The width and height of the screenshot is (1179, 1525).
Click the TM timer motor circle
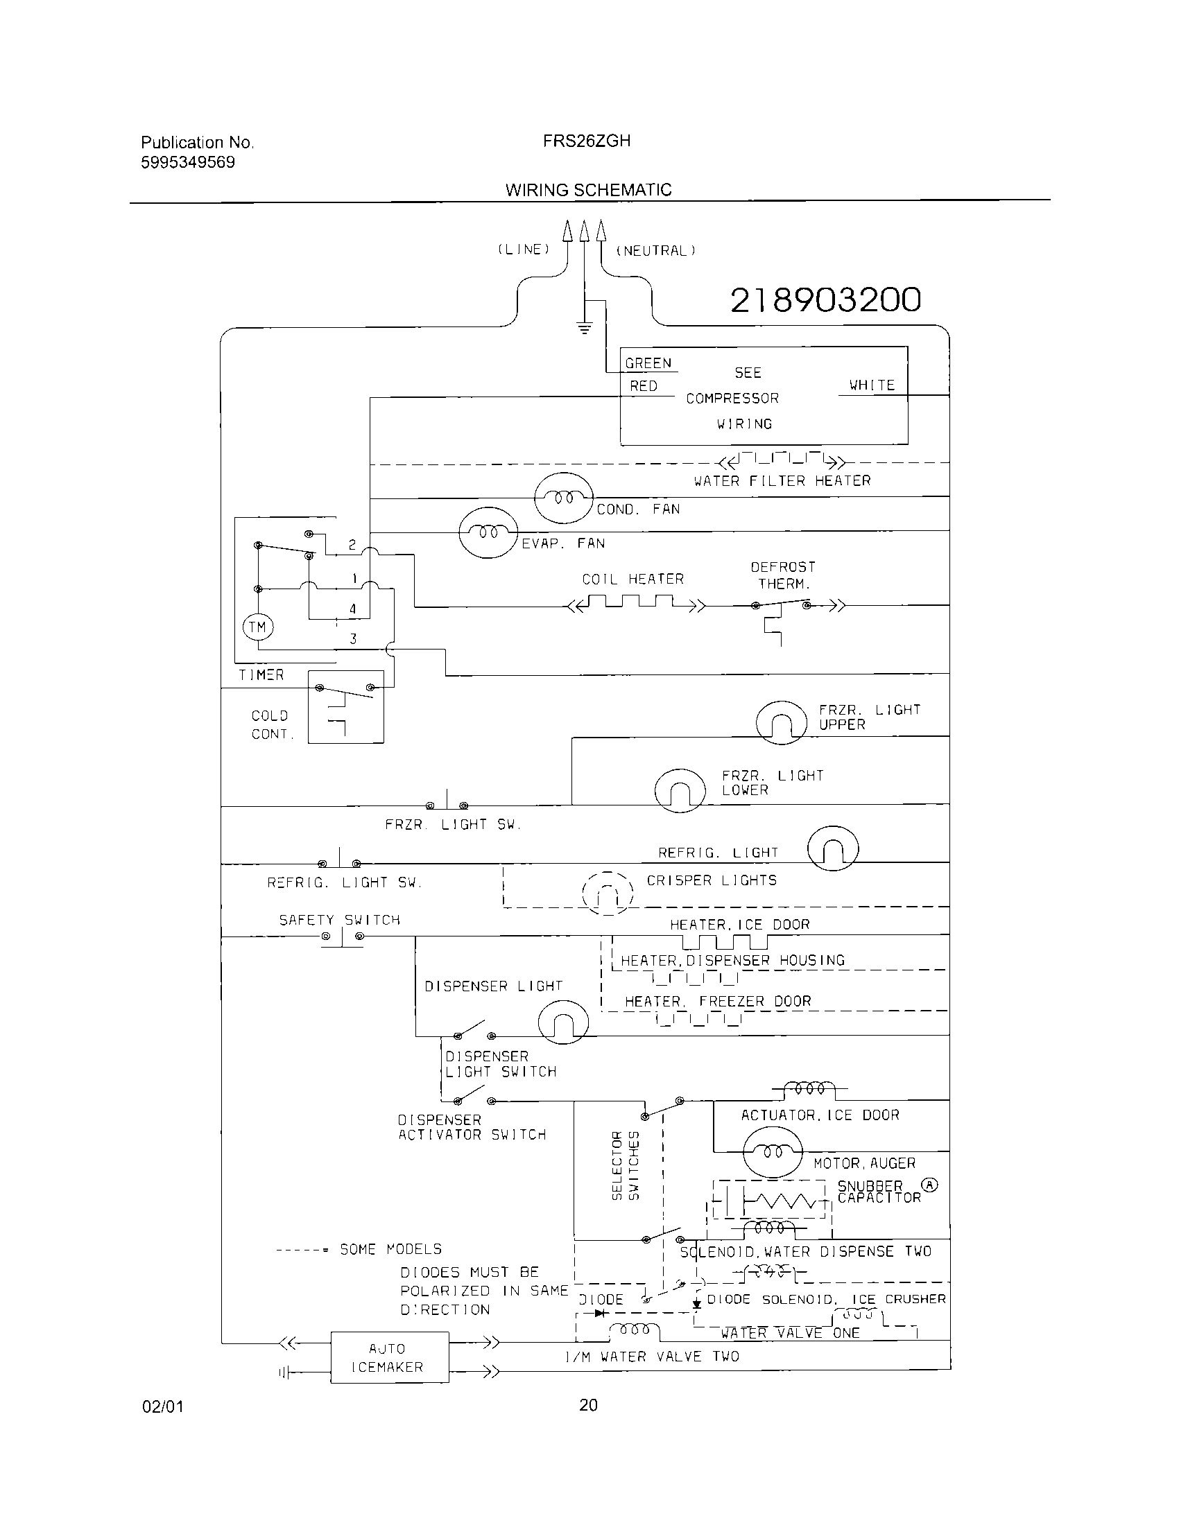(x=257, y=627)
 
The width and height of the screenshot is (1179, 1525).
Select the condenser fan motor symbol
(x=564, y=498)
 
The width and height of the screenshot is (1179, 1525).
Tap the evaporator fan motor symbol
(x=488, y=532)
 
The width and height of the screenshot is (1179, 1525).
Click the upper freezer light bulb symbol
(x=782, y=724)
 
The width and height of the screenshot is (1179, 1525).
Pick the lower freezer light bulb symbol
(x=680, y=790)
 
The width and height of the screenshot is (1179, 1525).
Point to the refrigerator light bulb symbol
(x=832, y=848)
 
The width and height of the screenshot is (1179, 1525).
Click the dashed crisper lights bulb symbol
(x=608, y=893)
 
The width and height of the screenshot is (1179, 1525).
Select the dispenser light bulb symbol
(x=564, y=1024)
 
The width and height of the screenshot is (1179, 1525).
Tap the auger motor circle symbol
(x=773, y=1153)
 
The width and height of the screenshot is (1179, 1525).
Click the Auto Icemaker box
(x=389, y=1357)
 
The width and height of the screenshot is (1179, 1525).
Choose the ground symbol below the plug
(x=585, y=326)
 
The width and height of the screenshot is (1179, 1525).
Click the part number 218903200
(x=825, y=300)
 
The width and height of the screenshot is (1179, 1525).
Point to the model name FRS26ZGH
(x=587, y=141)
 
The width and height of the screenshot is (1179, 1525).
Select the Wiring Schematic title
(x=588, y=190)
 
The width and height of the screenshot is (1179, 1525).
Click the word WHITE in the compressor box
(x=872, y=385)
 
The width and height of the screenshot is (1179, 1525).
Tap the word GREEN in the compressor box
(x=648, y=363)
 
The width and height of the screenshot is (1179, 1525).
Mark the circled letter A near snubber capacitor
(x=929, y=1185)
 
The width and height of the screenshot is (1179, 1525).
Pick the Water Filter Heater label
(x=782, y=481)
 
